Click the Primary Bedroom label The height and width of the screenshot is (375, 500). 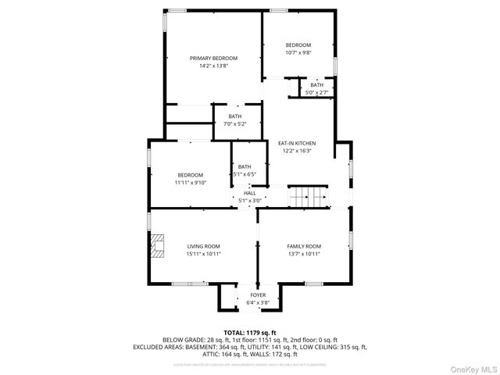pos(213,59)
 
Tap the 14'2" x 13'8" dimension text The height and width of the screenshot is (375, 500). pos(213,66)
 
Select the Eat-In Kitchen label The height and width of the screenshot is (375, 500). pos(297,143)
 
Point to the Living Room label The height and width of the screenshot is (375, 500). pos(203,247)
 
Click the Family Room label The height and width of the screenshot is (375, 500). pos(304,247)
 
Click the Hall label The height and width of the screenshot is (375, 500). pos(249,193)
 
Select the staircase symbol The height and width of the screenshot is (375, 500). pos(306,198)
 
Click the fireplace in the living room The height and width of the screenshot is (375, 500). pos(159,247)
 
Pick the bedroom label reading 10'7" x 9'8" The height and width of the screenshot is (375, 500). pos(298,53)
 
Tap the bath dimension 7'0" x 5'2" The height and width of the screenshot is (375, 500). pos(234,124)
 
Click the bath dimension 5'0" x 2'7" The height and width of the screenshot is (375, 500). pos(316,92)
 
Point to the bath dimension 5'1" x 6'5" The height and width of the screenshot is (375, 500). pos(245,174)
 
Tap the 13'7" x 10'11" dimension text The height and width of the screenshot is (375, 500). pos(304,255)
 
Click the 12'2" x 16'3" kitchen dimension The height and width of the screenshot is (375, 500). pos(297,151)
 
